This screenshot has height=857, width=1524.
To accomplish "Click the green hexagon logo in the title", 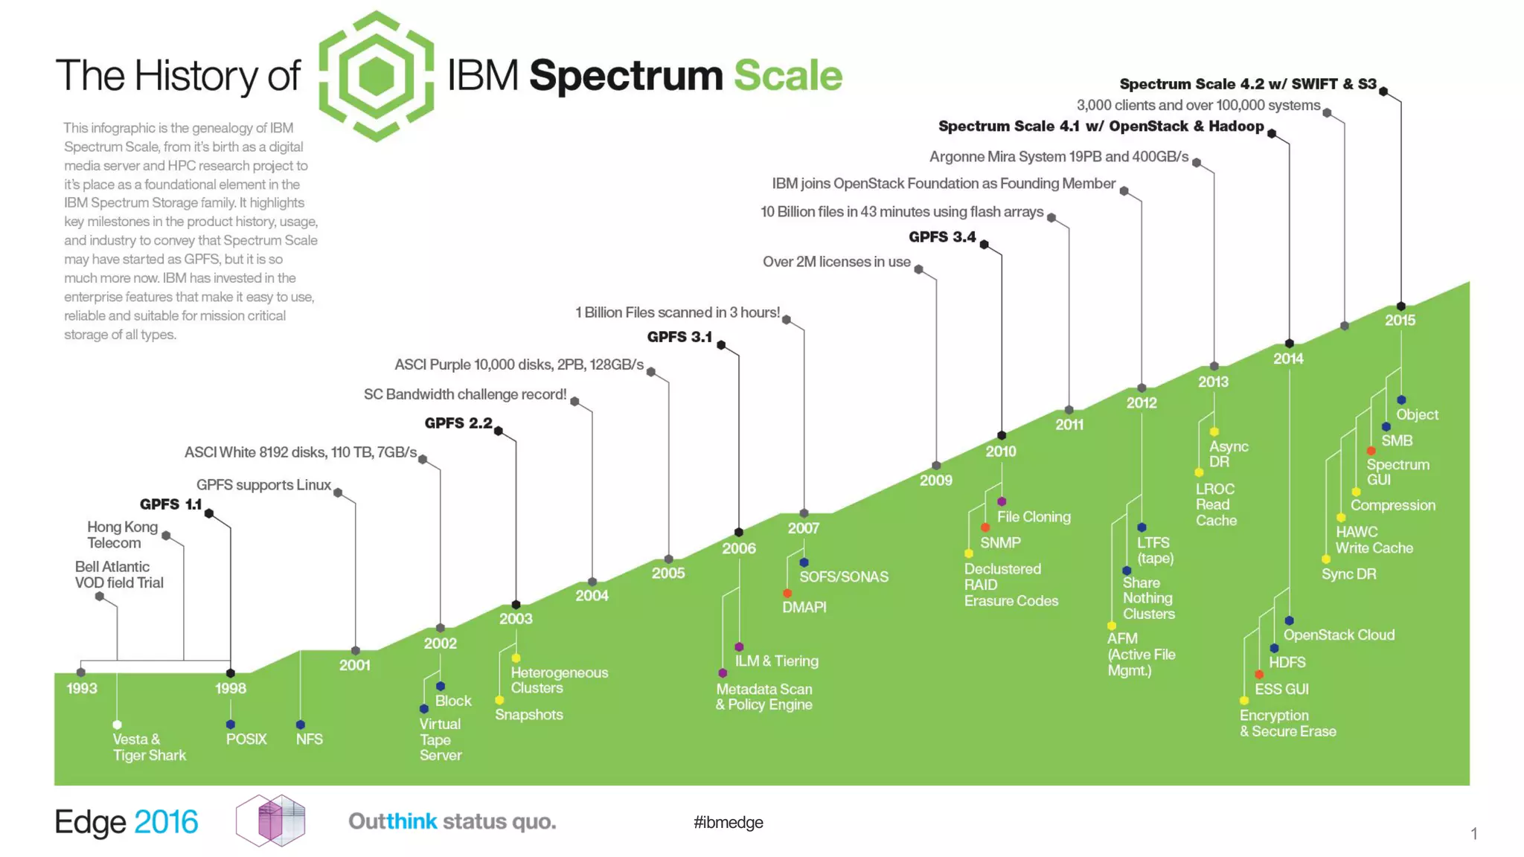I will [376, 76].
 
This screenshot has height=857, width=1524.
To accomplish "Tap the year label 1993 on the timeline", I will [82, 688].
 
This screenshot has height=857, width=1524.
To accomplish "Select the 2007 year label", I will [804, 528].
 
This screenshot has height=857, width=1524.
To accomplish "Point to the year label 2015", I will [1400, 320].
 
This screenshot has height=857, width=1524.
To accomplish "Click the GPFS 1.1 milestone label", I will [170, 504].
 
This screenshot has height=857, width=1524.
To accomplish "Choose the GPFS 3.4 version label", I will [942, 237].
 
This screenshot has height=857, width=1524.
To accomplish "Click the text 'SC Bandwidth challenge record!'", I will [465, 394].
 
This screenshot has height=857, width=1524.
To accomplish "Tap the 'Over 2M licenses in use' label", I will [836, 262].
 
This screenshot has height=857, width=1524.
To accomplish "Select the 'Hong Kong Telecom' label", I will [123, 535].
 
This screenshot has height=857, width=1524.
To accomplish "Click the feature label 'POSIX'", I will [246, 739].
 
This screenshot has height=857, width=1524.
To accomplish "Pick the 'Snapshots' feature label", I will [529, 714].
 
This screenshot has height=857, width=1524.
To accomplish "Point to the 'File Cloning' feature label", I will [1034, 516].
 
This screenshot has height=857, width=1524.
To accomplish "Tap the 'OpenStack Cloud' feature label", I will [1339, 635].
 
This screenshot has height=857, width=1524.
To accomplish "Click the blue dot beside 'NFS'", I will [301, 725].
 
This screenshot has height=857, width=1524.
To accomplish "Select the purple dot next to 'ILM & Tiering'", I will [739, 647].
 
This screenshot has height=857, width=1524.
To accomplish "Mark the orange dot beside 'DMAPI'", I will [787, 594].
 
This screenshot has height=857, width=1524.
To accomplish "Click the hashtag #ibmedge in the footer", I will [728, 822].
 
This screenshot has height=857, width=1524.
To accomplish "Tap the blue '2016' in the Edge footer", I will [166, 822].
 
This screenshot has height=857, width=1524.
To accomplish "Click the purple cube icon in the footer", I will [271, 821].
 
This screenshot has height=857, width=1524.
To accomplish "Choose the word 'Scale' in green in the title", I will [787, 76].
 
